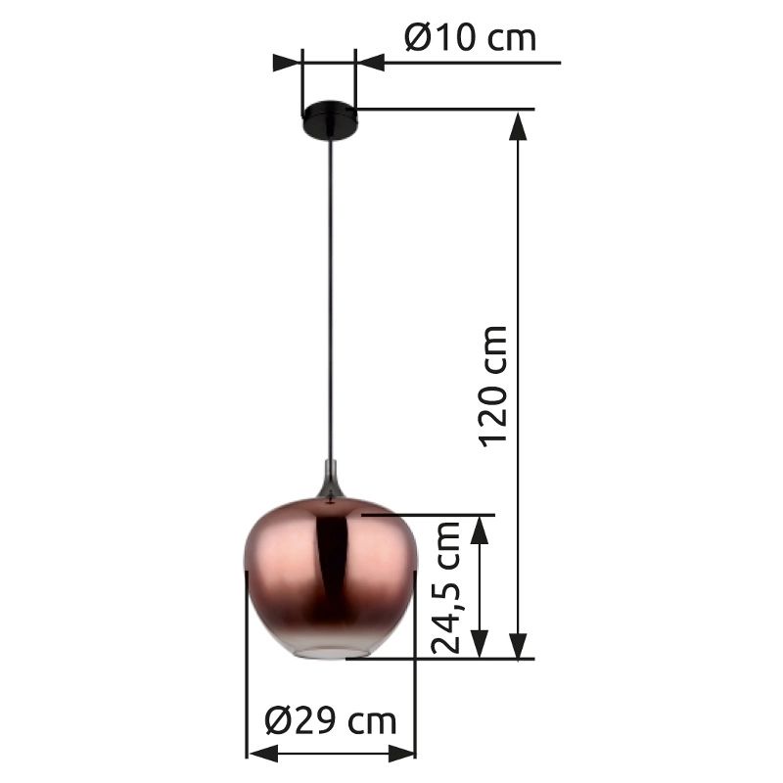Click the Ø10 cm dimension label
[470, 38]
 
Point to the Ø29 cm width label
[331, 721]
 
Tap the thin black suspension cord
[331, 294]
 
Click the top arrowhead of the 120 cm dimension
[520, 123]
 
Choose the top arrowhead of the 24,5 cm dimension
[480, 529]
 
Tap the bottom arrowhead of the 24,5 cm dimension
[480, 645]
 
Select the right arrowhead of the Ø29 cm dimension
[403, 754]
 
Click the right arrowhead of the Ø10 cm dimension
[371, 63]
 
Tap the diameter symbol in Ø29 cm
[278, 721]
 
